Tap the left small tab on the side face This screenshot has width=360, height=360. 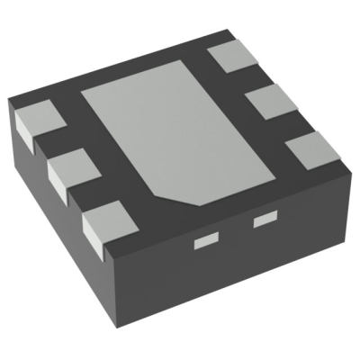point(207,239)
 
